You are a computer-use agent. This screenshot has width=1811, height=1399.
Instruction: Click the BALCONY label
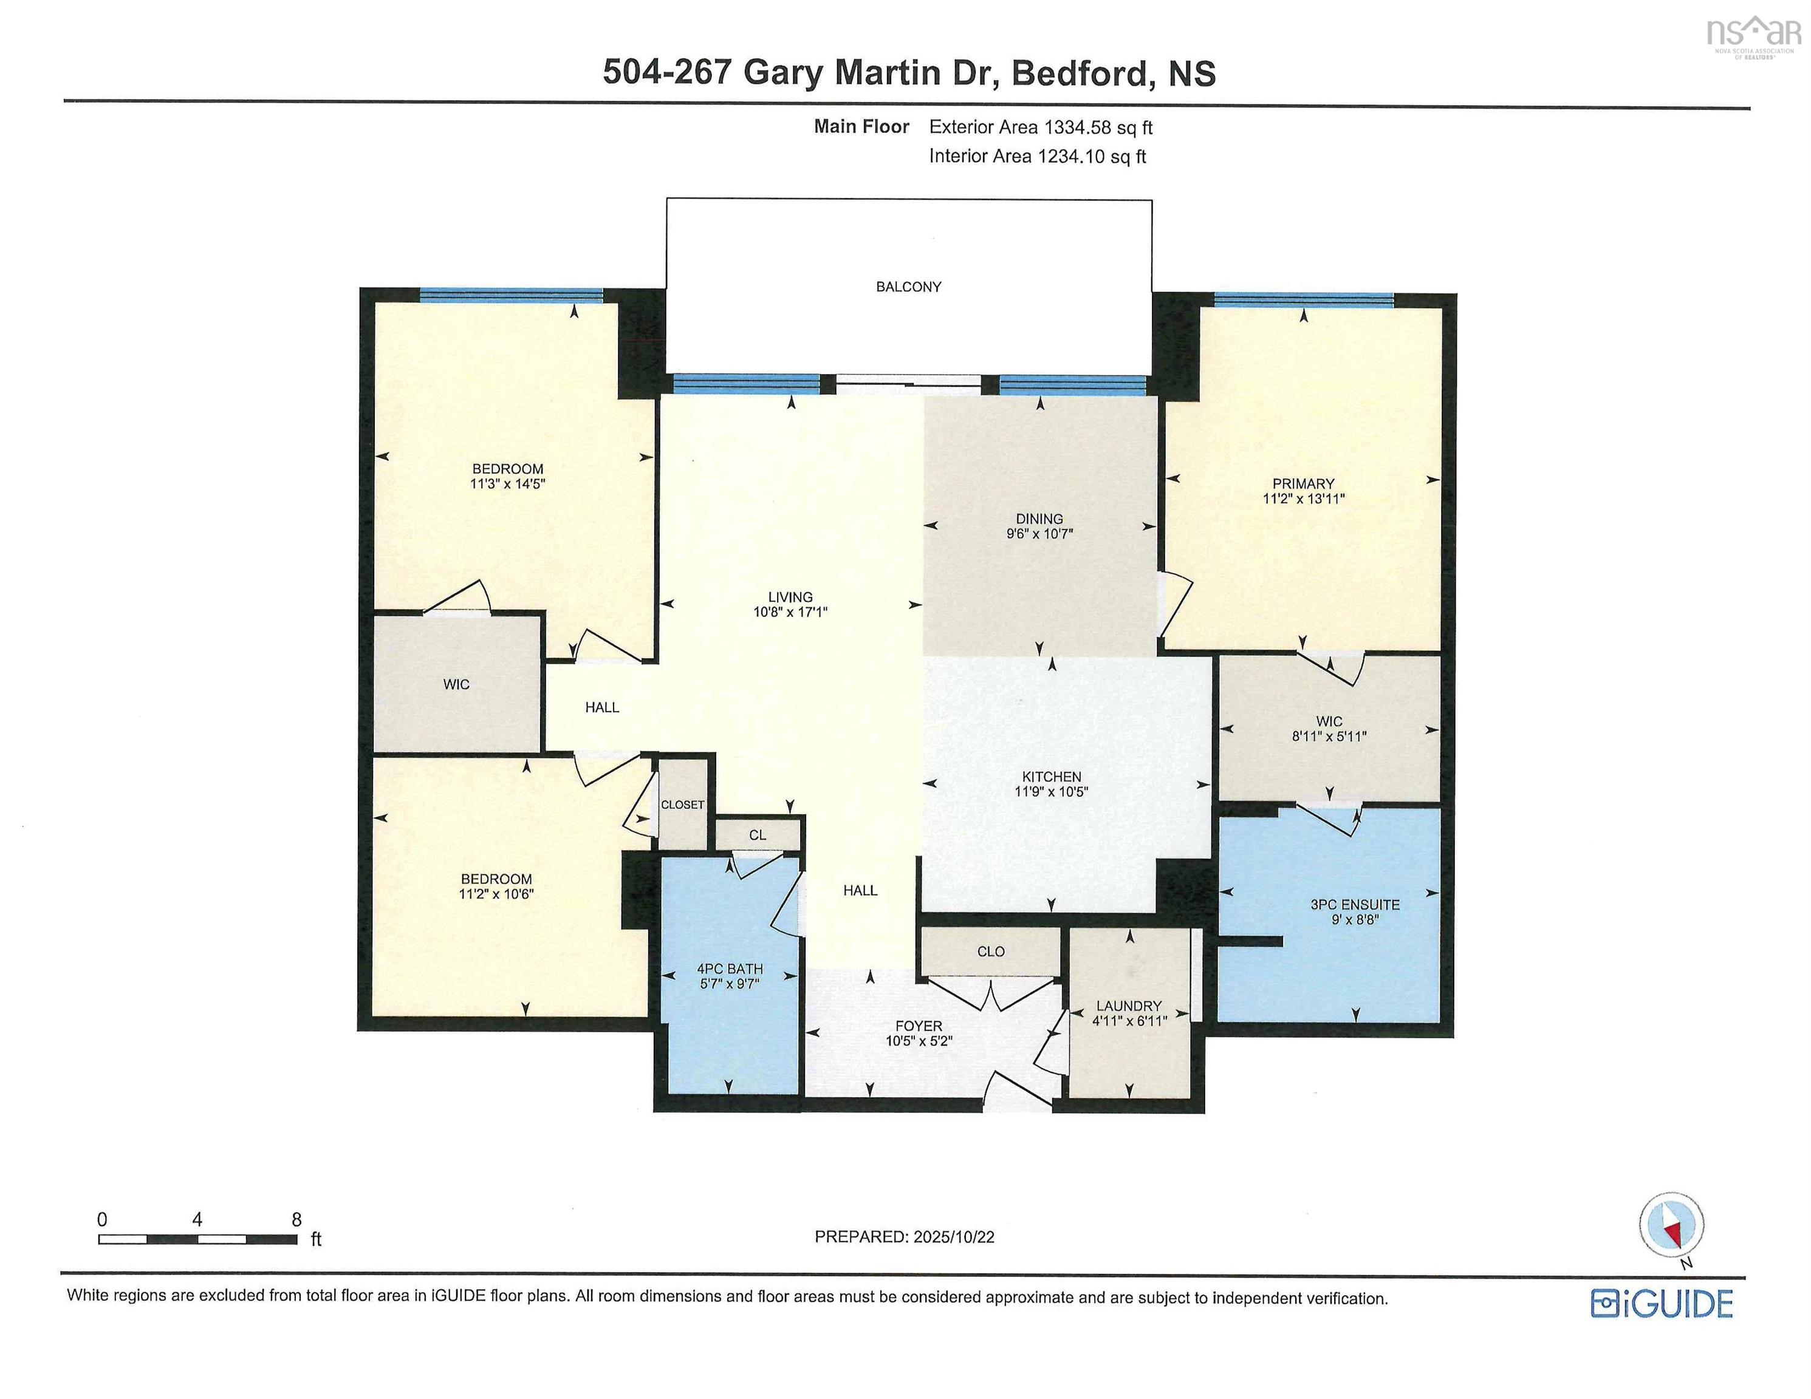click(908, 287)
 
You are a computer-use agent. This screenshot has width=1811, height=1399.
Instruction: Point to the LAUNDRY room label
click(1129, 1006)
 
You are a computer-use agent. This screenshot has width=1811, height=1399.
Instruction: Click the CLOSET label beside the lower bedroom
click(682, 805)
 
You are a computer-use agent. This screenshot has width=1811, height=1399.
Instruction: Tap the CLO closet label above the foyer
click(990, 951)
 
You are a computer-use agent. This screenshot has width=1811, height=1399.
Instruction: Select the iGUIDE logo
click(1662, 1304)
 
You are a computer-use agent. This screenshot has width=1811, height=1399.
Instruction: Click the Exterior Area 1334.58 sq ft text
click(1040, 127)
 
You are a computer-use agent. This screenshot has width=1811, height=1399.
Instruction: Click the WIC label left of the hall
click(456, 684)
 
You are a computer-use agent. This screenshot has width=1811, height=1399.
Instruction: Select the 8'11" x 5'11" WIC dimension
click(1329, 736)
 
